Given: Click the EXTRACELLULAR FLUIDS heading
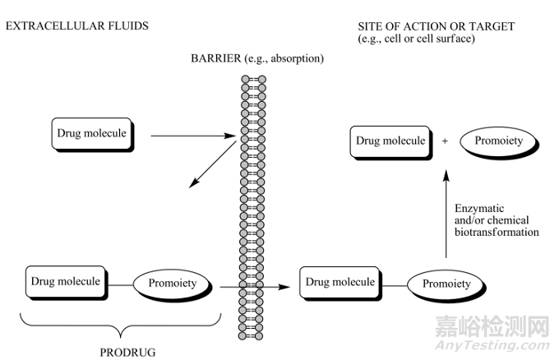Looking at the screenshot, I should (77, 26).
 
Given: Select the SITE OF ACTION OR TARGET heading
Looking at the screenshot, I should (436, 26).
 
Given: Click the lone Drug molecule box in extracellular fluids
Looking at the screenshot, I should (91, 133).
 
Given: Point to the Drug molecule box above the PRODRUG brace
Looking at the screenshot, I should (66, 282).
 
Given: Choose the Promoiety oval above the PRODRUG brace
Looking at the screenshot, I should (172, 284).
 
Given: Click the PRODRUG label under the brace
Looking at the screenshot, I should (128, 352).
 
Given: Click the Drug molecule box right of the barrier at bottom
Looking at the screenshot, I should (340, 283).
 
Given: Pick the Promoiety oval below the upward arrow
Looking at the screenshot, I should (446, 284).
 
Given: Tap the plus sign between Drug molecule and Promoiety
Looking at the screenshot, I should (445, 141).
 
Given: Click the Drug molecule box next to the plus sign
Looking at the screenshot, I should (390, 141).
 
